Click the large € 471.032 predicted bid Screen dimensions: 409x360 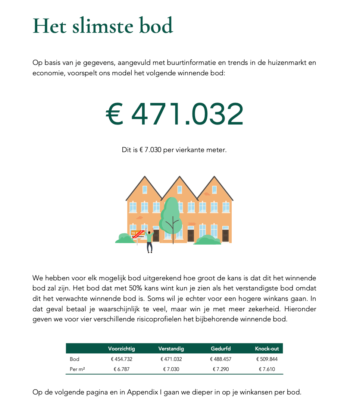(x=175, y=114)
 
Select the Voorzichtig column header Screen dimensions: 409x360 (x=121, y=349)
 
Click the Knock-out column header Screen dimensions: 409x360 (x=267, y=349)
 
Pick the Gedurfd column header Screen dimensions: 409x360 (x=220, y=349)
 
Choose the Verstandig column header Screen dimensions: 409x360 (x=171, y=349)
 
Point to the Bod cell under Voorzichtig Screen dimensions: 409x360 (x=121, y=359)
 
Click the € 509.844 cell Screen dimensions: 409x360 (x=267, y=359)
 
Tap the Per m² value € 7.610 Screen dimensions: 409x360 (x=267, y=369)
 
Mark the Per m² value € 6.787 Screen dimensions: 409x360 (x=121, y=369)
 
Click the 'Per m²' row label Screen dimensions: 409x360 (x=77, y=369)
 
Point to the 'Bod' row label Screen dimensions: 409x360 (x=74, y=359)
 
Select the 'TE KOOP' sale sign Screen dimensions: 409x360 (x=137, y=234)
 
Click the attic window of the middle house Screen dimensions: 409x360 (x=180, y=190)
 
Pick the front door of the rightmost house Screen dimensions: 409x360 (x=225, y=235)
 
